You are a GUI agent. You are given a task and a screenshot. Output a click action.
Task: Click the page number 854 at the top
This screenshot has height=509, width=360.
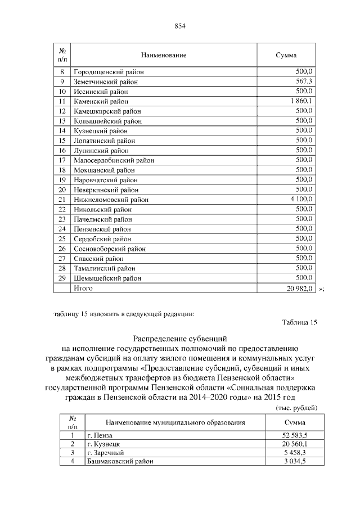pyautogui.click(x=180, y=26)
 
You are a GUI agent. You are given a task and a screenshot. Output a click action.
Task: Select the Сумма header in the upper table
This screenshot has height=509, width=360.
pyautogui.click(x=286, y=55)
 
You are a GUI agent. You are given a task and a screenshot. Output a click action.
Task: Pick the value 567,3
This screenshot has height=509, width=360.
pyautogui.click(x=303, y=82)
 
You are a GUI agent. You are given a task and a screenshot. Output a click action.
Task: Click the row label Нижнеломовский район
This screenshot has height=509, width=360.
pyautogui.click(x=111, y=199)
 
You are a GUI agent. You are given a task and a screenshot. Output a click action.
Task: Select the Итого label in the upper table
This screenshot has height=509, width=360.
pyautogui.click(x=83, y=288)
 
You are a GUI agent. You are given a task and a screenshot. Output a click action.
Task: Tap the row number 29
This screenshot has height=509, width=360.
pyautogui.click(x=62, y=278)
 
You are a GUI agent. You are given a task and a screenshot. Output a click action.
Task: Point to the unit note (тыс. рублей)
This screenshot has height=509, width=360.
pyautogui.click(x=297, y=407)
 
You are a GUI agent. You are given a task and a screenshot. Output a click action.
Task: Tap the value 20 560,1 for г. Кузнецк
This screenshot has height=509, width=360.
pyautogui.click(x=294, y=444)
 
